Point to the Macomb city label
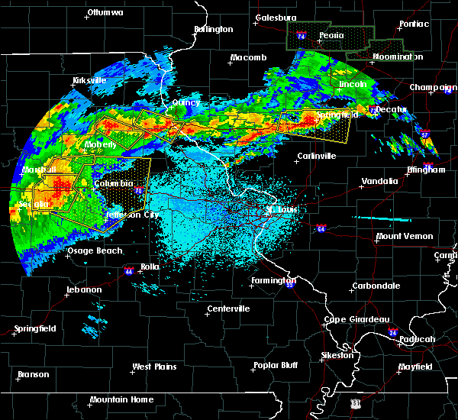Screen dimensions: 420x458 [x=249, y=58]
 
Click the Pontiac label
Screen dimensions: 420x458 [x=413, y=24]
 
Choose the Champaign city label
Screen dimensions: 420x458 [x=432, y=88]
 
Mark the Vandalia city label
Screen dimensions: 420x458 [x=379, y=182]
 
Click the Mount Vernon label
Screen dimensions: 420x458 [x=405, y=237]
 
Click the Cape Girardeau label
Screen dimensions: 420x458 [x=357, y=319]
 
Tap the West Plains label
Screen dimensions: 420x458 [x=155, y=367]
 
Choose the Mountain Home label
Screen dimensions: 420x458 [x=121, y=399]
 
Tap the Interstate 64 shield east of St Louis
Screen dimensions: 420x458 [x=320, y=228]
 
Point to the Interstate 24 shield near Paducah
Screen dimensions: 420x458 [x=392, y=333]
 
